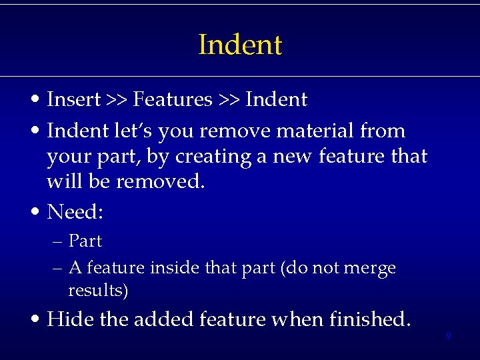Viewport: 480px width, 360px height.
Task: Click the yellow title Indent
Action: point(240,45)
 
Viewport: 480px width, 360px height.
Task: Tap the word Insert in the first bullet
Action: point(73,100)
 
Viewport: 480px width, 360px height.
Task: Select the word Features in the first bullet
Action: point(172,100)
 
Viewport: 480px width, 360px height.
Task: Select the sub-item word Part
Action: point(85,241)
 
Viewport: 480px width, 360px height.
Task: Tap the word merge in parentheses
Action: point(370,268)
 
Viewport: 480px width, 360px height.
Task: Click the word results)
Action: point(98,291)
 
